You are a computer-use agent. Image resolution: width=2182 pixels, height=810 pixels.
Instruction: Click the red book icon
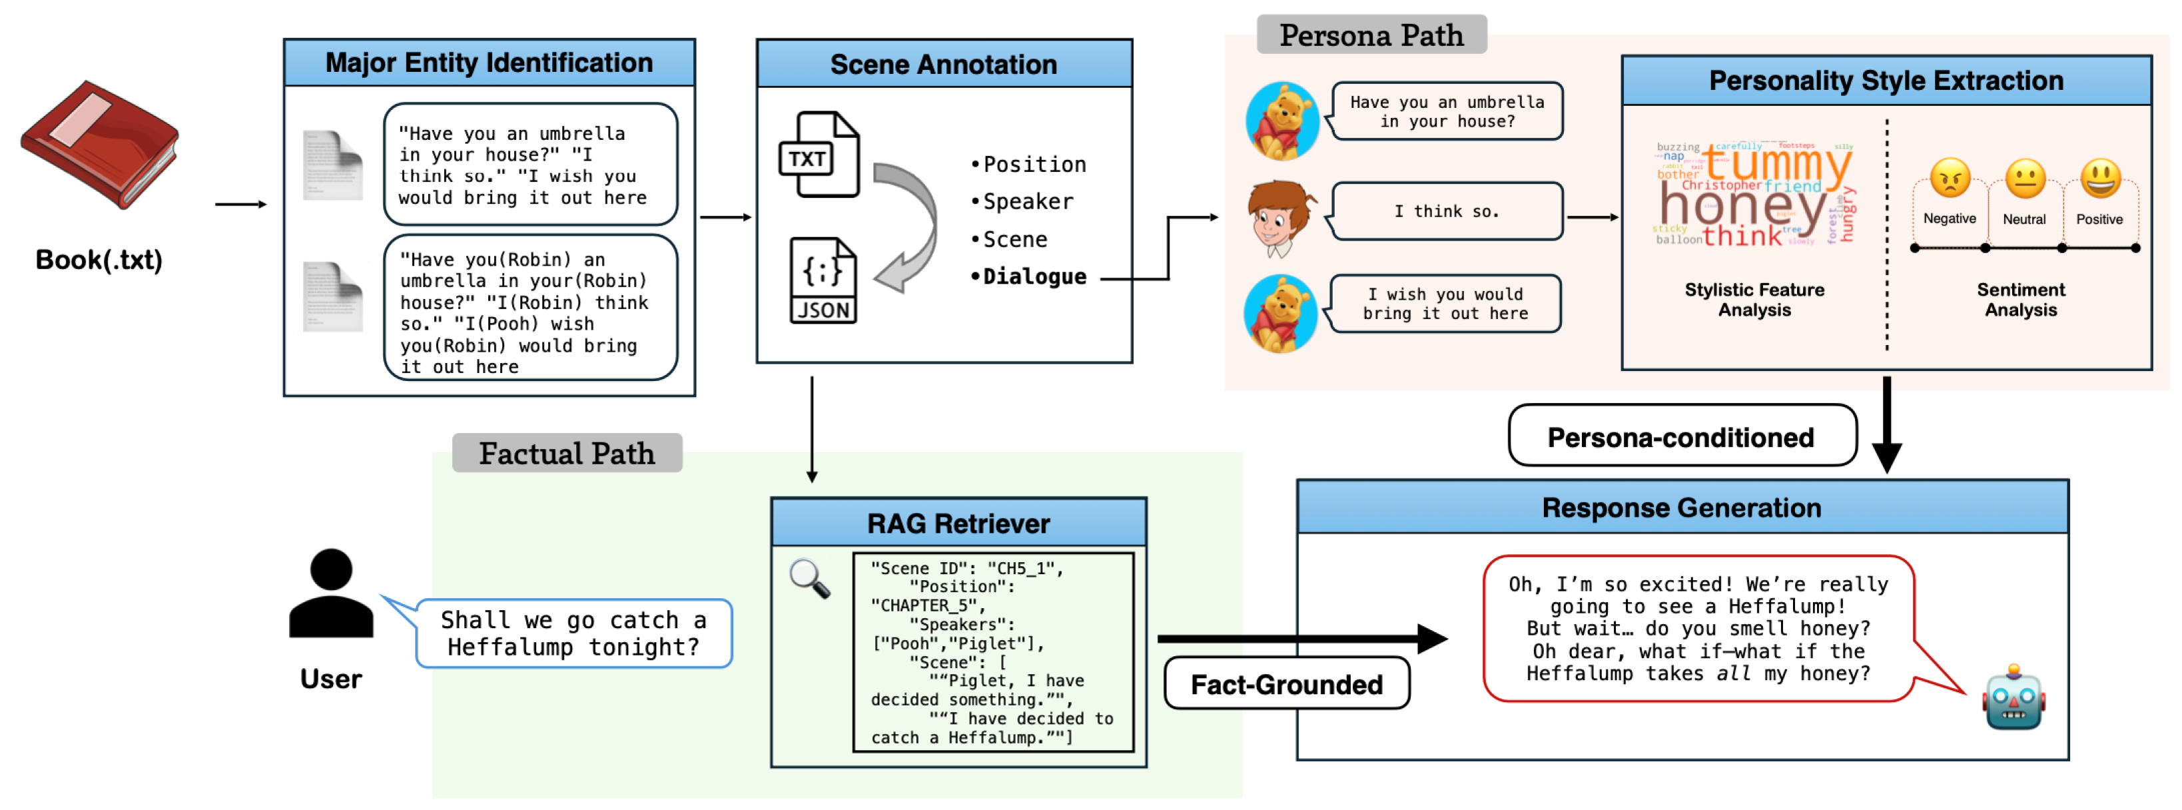tap(99, 144)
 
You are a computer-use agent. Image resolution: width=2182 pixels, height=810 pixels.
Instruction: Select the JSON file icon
tap(823, 280)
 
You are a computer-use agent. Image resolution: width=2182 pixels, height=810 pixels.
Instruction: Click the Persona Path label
tap(1371, 35)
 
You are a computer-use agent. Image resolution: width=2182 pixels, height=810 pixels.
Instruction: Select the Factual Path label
tap(567, 454)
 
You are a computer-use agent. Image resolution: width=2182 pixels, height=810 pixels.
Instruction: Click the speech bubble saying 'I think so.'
tap(1446, 212)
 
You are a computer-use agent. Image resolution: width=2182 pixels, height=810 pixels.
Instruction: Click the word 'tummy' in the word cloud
tap(1779, 163)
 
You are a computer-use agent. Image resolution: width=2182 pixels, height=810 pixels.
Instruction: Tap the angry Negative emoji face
tap(1949, 179)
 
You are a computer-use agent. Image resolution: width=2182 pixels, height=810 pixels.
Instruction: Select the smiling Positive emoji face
tap(2100, 179)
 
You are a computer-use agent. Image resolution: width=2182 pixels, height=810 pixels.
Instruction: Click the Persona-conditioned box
tap(1680, 436)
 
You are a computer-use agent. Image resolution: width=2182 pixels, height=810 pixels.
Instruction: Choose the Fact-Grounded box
tap(1285, 683)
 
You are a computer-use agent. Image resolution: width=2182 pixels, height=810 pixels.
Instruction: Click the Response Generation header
tap(1681, 508)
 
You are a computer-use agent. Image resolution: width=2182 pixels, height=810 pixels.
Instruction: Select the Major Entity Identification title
tap(489, 63)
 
